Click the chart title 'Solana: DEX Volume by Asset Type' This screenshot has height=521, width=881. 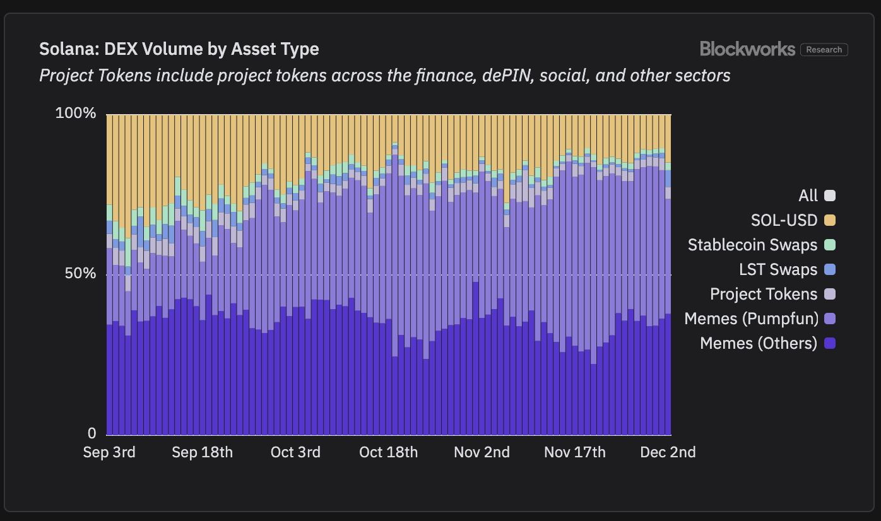[179, 49]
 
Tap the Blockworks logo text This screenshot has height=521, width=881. [747, 49]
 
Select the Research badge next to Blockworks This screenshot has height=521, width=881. [824, 50]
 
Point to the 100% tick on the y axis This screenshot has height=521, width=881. [76, 114]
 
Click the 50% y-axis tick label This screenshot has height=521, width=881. [80, 274]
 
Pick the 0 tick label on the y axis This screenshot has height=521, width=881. [92, 434]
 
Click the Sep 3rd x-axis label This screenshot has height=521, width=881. [109, 452]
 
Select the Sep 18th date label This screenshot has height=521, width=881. [202, 452]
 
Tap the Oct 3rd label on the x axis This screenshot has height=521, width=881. [295, 452]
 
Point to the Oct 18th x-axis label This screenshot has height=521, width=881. [388, 452]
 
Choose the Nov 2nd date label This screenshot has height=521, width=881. [482, 452]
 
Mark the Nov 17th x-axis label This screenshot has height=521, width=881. [574, 452]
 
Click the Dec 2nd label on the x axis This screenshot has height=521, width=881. [668, 452]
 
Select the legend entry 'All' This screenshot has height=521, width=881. [808, 196]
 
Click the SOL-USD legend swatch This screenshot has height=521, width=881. [830, 220]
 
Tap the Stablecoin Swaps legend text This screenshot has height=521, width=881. [752, 245]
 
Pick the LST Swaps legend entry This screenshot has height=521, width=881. [778, 269]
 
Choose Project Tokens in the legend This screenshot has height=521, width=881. [764, 294]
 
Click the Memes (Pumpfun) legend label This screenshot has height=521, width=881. [751, 319]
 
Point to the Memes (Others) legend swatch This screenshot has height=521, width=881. [830, 343]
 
